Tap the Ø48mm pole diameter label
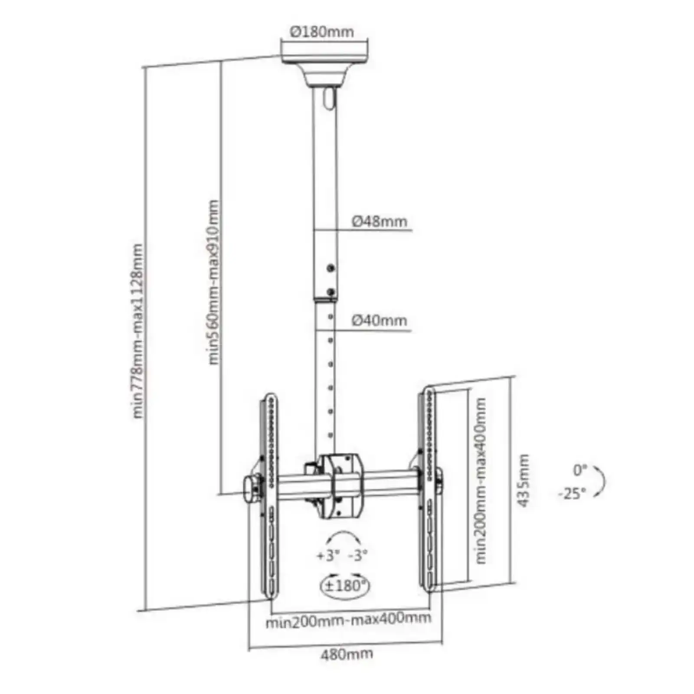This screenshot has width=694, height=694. coord(380,221)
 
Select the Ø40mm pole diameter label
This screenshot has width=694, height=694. coord(380,321)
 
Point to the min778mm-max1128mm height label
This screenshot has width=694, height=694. coord(138,331)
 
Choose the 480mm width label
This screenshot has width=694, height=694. coord(347,654)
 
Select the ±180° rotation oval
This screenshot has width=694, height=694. coord(346,586)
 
